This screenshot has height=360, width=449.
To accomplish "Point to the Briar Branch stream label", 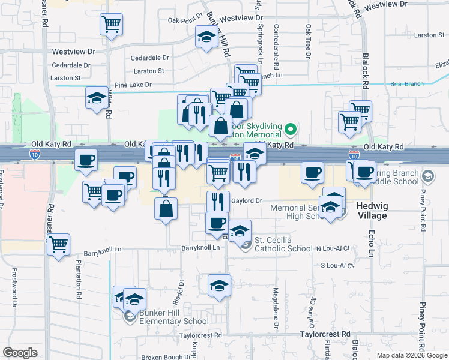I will click(406, 84).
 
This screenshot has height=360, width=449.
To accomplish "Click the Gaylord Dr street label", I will click(247, 202).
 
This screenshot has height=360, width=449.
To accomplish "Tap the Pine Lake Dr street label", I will click(133, 85).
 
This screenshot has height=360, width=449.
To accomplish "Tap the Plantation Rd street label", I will click(79, 278).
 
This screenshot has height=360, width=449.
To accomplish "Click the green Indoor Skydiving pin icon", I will click(291, 129).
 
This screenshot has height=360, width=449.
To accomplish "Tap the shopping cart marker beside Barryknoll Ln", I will click(59, 244).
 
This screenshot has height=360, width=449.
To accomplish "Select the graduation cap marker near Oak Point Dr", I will click(206, 37).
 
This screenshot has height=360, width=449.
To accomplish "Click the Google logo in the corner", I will click(20, 353).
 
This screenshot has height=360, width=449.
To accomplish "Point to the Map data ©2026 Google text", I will click(411, 355).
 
